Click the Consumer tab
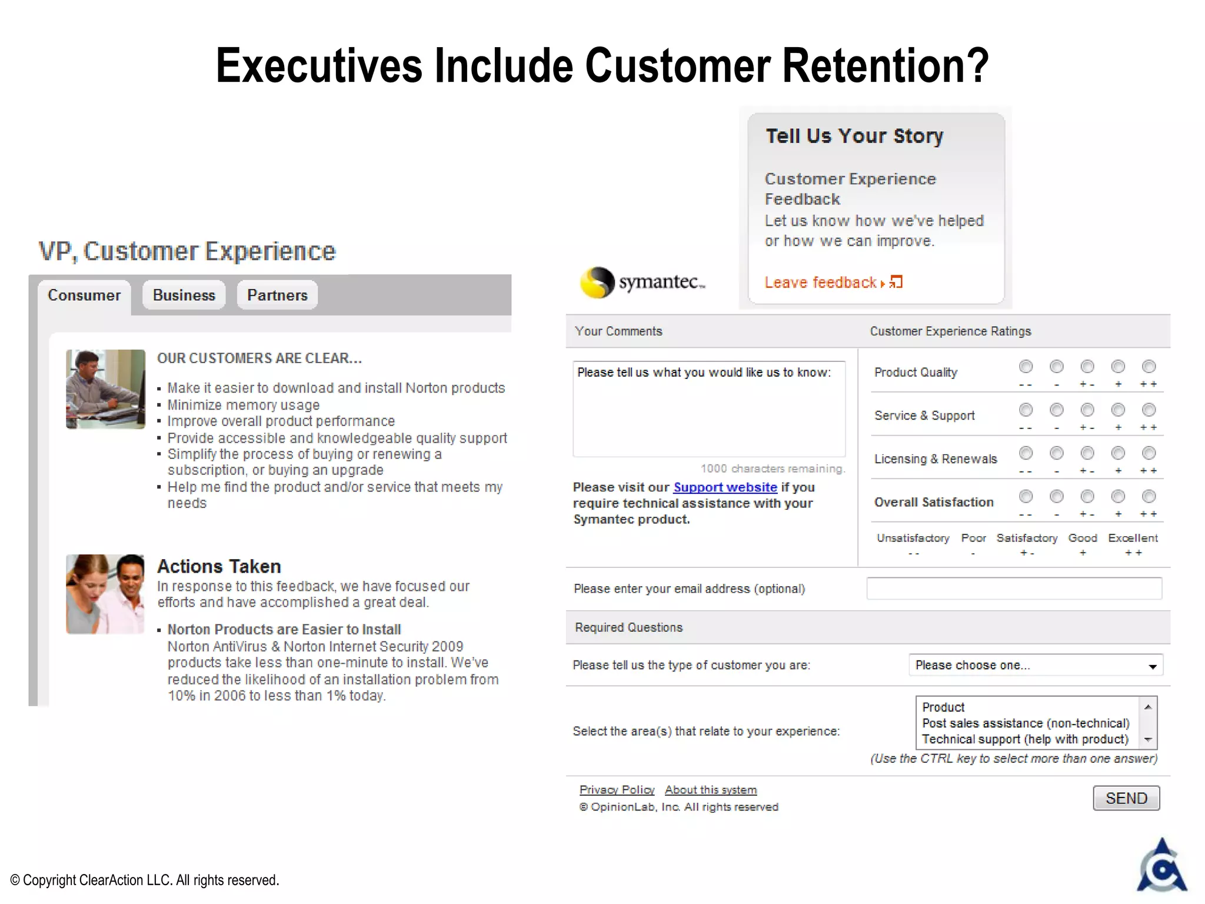click(84, 295)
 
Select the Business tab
click(184, 295)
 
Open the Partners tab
click(277, 295)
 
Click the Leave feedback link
click(821, 283)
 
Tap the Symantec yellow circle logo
click(597, 282)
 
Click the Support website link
click(725, 487)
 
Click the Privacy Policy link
click(617, 790)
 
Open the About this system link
click(711, 790)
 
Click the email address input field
click(1014, 589)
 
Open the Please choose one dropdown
click(1036, 666)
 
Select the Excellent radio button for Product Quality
click(1149, 367)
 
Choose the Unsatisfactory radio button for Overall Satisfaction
click(1026, 497)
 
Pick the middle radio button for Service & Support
click(1087, 410)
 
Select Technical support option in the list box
click(1025, 739)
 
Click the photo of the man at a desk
click(105, 389)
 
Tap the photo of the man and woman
click(105, 594)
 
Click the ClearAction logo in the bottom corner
click(1161, 866)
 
